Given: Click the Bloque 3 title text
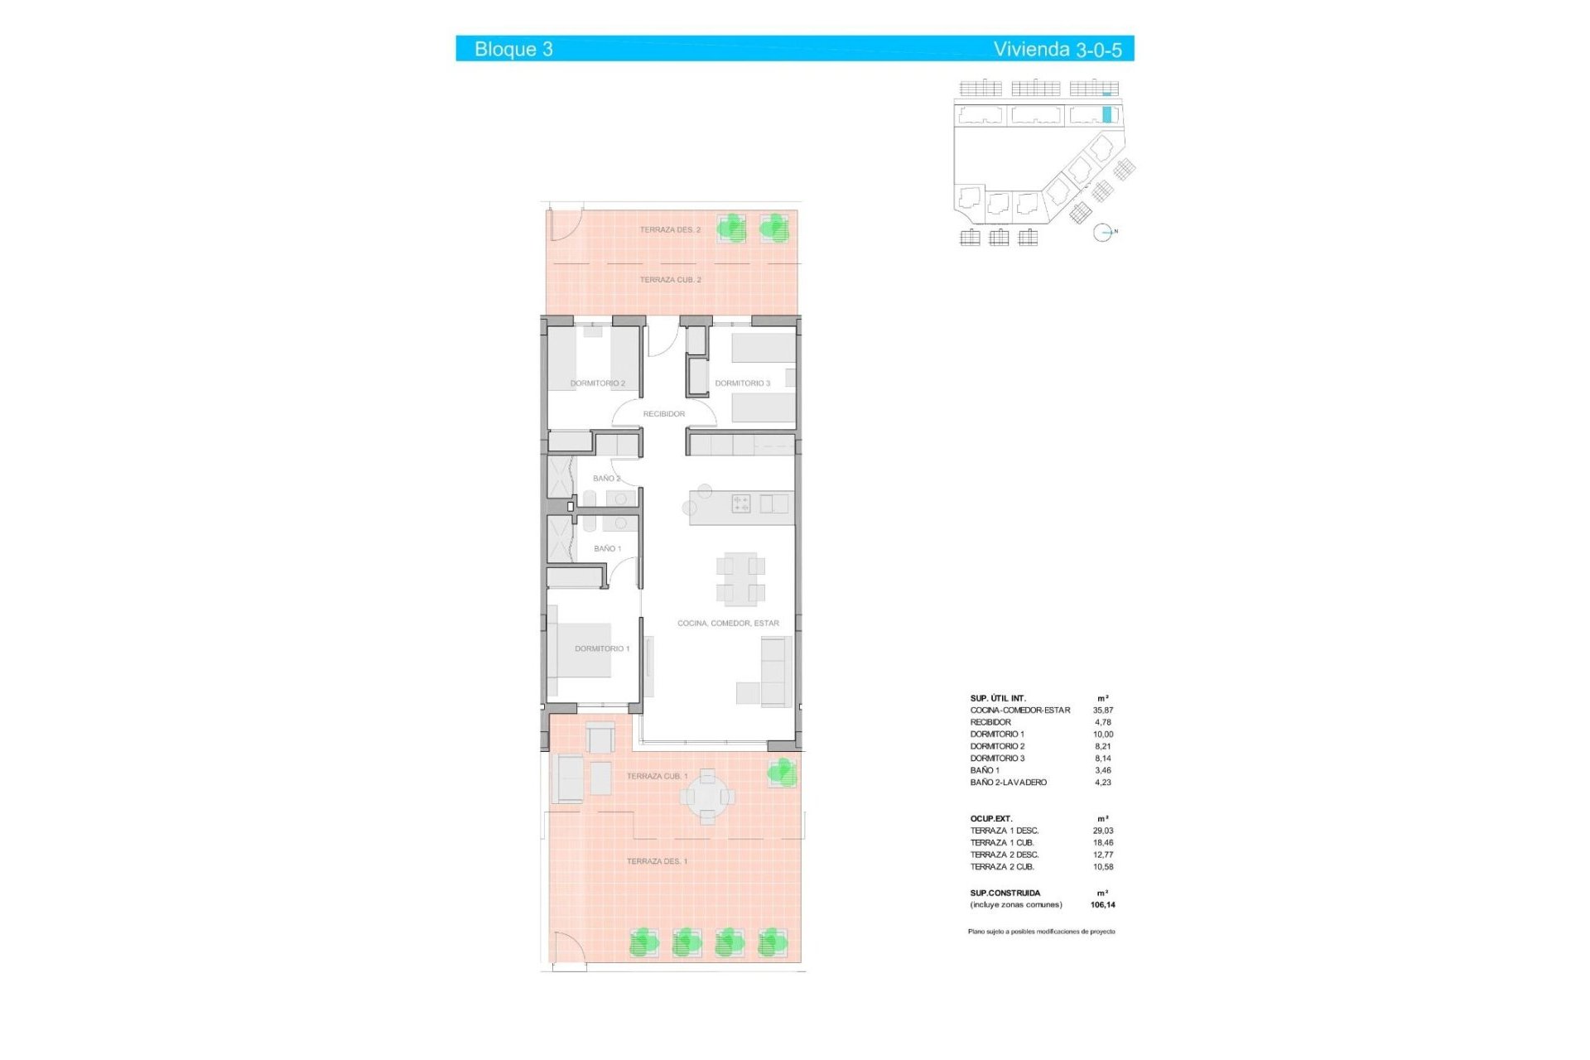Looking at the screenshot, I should click(513, 49).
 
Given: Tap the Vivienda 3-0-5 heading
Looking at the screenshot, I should click(1058, 49).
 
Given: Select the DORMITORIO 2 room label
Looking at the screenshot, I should click(597, 383).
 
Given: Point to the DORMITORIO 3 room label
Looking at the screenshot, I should click(742, 383).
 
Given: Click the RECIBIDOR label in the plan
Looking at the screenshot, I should click(664, 414).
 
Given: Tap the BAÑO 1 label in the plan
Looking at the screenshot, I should click(607, 549).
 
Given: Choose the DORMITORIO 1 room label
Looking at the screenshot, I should click(602, 648).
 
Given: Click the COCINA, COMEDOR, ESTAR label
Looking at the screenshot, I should click(728, 624).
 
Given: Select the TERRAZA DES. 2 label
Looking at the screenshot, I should click(670, 229).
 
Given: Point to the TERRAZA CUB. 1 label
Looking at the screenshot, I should click(657, 776).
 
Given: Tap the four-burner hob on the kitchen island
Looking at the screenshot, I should click(741, 503).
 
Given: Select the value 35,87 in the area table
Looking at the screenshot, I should click(1103, 711).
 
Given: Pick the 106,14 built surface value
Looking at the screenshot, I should click(1103, 905).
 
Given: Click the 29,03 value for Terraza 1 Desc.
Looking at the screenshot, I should click(1103, 831).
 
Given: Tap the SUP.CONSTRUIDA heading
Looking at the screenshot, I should click(1005, 894).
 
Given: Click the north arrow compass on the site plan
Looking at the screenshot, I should click(1103, 233).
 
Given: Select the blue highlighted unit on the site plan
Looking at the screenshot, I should click(1107, 114).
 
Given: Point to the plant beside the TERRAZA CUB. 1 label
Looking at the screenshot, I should click(782, 773).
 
